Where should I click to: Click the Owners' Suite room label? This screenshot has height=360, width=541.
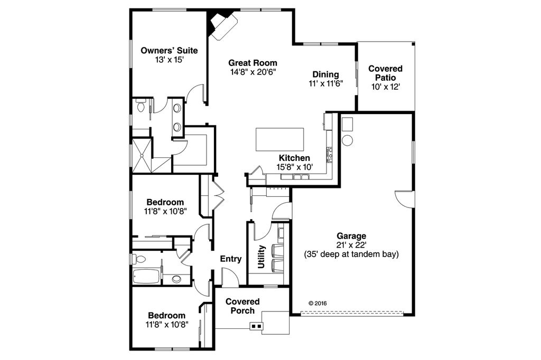click(x=169, y=51)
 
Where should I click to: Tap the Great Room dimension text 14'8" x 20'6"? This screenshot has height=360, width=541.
click(x=254, y=72)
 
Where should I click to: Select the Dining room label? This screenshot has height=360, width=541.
click(x=325, y=74)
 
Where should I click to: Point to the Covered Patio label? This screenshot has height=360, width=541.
click(x=385, y=73)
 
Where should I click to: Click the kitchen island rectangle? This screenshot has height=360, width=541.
click(x=280, y=139)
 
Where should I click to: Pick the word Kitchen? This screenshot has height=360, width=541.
click(x=294, y=158)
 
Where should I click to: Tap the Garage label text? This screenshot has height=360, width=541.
click(x=351, y=236)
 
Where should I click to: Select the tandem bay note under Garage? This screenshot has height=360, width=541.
click(x=351, y=254)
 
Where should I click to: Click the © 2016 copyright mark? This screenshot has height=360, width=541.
click(x=318, y=304)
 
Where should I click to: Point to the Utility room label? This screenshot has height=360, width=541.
click(x=262, y=257)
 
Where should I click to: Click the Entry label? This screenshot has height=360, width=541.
click(x=231, y=259)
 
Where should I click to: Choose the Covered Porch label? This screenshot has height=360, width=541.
click(x=242, y=306)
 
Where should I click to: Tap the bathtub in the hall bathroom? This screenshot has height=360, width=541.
click(x=146, y=277)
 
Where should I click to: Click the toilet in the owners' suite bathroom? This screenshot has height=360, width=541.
click(x=141, y=106)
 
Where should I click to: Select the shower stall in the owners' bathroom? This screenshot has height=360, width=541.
click(x=142, y=155)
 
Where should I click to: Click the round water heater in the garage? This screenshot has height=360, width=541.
click(x=348, y=140)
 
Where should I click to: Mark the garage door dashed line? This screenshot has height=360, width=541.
click(x=351, y=314)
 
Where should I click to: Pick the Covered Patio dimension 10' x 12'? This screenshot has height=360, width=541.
click(x=385, y=87)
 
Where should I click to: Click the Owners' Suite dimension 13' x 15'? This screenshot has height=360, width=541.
click(x=169, y=60)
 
